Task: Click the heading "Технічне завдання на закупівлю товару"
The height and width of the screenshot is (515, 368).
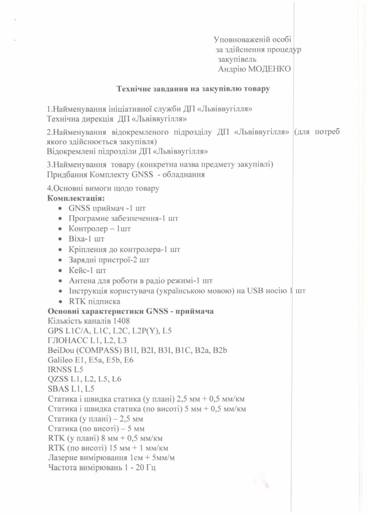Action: click(x=194, y=89)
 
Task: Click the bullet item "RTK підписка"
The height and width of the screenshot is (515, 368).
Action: click(x=94, y=301)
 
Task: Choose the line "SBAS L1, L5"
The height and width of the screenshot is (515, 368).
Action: click(x=70, y=389)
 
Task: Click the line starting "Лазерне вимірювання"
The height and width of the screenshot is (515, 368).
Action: click(x=111, y=458)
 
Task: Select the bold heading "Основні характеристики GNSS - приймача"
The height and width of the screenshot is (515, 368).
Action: click(x=130, y=311)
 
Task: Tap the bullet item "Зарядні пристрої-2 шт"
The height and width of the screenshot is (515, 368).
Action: click(x=109, y=260)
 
